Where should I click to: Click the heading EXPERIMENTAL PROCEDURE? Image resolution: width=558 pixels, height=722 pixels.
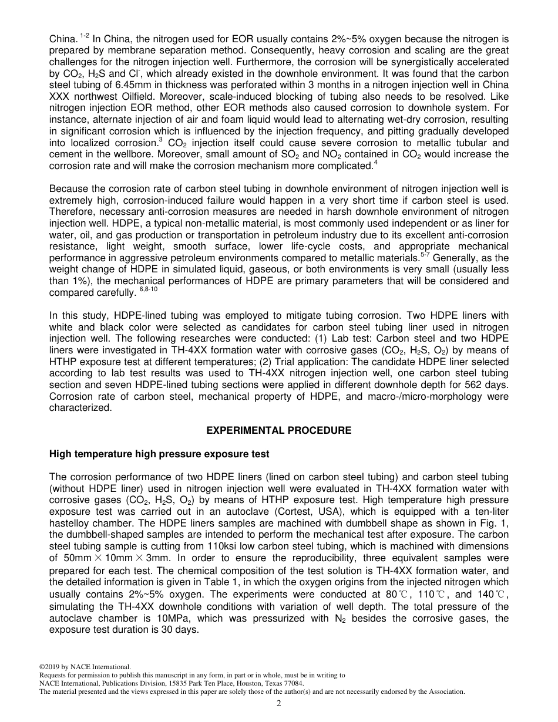tap(279, 430)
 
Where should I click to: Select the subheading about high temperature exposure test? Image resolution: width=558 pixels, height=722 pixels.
tap(159, 454)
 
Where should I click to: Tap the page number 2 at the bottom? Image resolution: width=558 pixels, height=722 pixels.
tap(279, 704)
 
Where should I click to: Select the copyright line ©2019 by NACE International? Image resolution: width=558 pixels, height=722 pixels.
tap(85, 667)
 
